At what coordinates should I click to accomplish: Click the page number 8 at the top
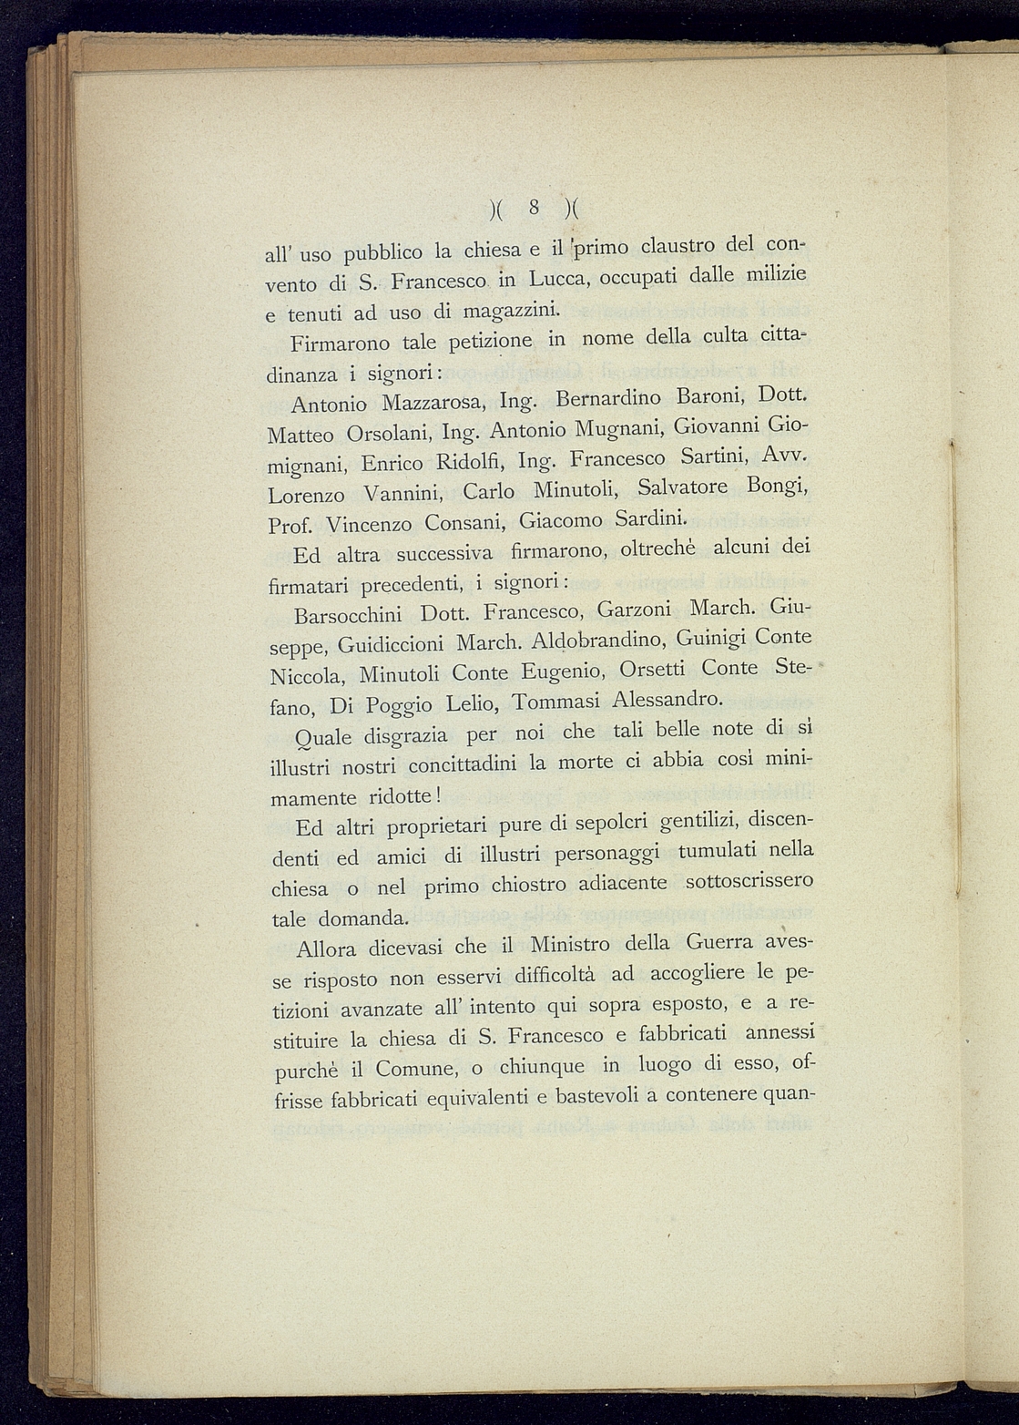tap(535, 208)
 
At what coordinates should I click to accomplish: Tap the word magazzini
tap(510, 310)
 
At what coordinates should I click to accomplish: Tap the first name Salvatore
tap(683, 487)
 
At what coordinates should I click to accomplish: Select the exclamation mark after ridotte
tap(438, 795)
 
